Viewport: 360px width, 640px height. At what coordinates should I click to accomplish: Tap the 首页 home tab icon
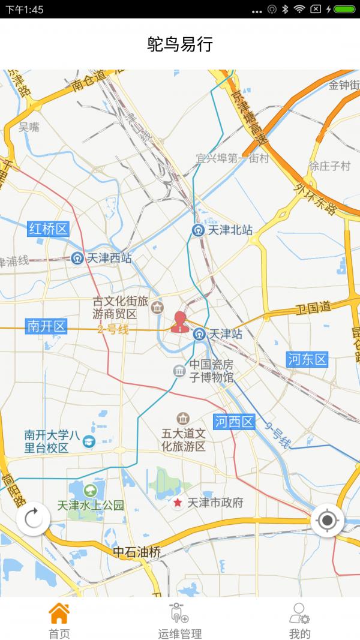[59, 613]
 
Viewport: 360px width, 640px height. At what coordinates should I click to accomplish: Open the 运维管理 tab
[179, 613]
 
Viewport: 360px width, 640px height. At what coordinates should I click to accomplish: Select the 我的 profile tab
[299, 613]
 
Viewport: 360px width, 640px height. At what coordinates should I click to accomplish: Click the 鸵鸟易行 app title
[180, 44]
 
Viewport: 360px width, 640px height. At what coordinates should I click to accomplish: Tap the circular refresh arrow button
[33, 518]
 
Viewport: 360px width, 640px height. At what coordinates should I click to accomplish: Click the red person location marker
[179, 322]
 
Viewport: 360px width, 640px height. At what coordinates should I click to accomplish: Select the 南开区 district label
[47, 326]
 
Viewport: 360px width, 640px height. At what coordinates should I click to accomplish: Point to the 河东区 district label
[307, 359]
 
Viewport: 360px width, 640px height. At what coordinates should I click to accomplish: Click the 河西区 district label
[235, 422]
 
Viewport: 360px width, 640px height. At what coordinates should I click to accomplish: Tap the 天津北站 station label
[230, 230]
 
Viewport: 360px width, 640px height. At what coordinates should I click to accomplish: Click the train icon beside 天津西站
[77, 259]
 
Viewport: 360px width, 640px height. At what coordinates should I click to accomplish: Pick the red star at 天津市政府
[178, 503]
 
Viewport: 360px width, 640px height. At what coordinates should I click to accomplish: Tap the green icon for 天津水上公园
[91, 490]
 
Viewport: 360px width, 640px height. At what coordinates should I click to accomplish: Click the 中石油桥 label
[137, 552]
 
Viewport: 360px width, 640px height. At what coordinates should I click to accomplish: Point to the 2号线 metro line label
[113, 329]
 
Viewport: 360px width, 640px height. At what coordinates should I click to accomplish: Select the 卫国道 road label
[314, 308]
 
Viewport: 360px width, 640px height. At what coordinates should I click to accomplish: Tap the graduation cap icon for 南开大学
[89, 441]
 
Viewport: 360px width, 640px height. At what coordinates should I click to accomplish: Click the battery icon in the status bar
[344, 9]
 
